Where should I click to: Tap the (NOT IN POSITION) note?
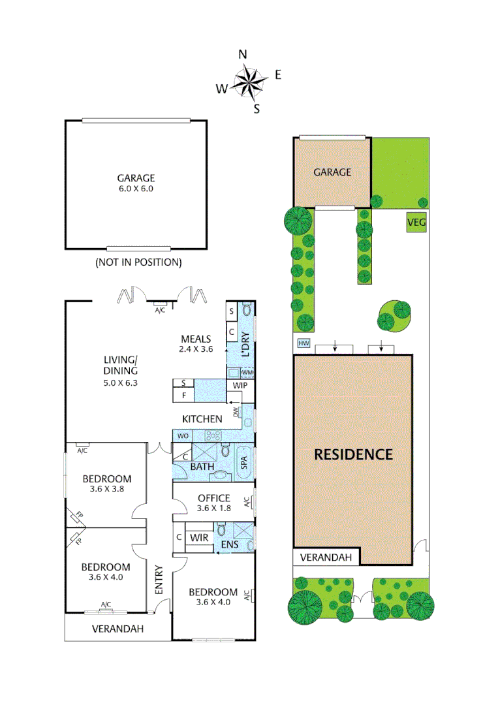coord(138,262)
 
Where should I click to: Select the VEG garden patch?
coord(416,223)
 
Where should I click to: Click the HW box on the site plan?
coord(303,343)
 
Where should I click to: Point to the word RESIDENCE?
coord(353,454)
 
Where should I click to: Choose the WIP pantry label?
coord(239,386)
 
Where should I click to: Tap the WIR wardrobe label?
coord(199,537)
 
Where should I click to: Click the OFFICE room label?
coord(214,498)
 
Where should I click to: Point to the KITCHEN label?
coord(202,418)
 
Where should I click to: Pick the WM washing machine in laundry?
coord(247,373)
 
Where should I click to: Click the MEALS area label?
coord(196,339)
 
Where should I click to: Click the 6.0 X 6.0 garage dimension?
coord(136,188)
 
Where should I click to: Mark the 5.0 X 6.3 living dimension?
coord(121,383)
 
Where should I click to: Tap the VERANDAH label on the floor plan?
coord(117,629)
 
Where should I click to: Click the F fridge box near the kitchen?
coord(185,396)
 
